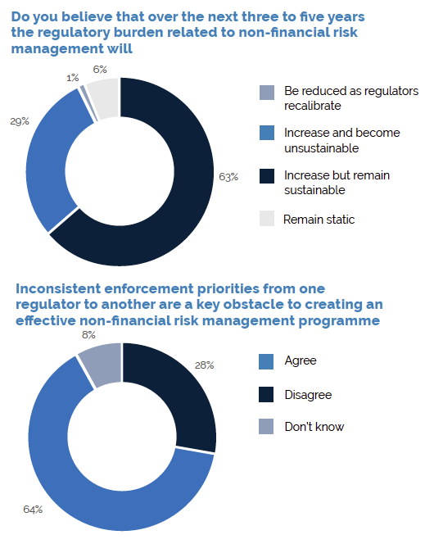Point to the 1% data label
pos(73,77)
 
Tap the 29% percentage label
pos(19,121)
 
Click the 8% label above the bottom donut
pos(88,335)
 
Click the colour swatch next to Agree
pos(266,361)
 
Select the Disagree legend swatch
pos(266,394)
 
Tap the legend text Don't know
pos(314,427)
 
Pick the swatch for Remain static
pos(266,219)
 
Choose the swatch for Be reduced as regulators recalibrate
pos(266,91)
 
